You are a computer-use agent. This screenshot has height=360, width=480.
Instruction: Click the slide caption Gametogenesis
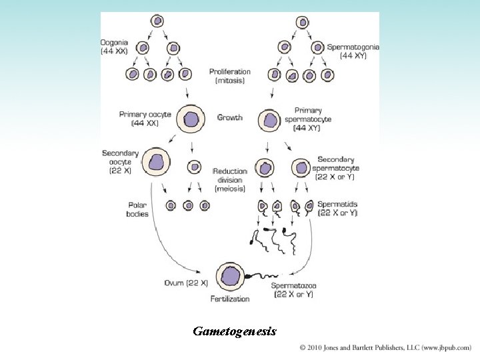click(234, 331)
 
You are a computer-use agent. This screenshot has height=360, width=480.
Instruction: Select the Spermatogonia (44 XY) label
click(353, 51)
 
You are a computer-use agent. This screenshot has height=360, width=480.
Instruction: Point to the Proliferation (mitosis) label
click(229, 75)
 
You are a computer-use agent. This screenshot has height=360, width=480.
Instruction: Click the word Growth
click(230, 118)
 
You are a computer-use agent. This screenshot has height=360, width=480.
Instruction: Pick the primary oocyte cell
click(191, 119)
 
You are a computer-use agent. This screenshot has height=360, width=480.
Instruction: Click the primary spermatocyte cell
click(270, 120)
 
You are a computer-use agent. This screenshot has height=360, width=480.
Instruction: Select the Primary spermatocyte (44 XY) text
click(313, 119)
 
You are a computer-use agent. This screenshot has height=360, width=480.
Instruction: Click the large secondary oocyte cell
click(157, 162)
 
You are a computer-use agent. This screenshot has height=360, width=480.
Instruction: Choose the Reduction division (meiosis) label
click(230, 179)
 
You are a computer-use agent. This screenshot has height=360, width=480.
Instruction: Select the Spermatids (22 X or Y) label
click(338, 209)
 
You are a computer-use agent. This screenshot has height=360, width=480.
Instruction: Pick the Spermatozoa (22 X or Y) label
click(294, 290)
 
